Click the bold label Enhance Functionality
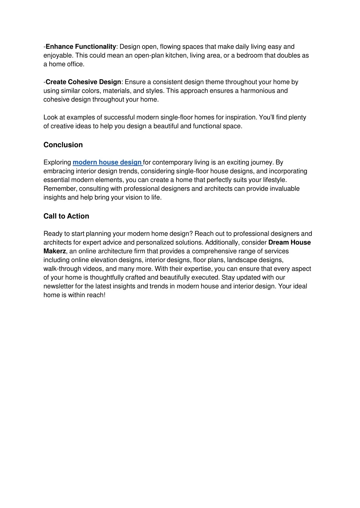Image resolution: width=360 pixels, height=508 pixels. (81, 47)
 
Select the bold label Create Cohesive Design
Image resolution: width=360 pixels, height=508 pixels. (83, 82)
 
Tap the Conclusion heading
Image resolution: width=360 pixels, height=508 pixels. (63, 145)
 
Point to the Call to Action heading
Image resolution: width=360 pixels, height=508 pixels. (66, 216)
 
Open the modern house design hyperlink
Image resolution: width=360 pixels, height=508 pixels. (107, 162)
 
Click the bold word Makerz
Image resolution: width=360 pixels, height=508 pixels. (54, 251)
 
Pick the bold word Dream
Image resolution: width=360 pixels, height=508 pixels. (278, 242)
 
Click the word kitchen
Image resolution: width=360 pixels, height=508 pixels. (176, 56)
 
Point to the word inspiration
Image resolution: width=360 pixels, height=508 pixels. (241, 117)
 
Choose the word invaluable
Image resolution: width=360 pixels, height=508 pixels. (285, 189)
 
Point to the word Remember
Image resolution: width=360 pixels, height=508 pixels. (60, 189)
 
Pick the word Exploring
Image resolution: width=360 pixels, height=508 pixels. (57, 162)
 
